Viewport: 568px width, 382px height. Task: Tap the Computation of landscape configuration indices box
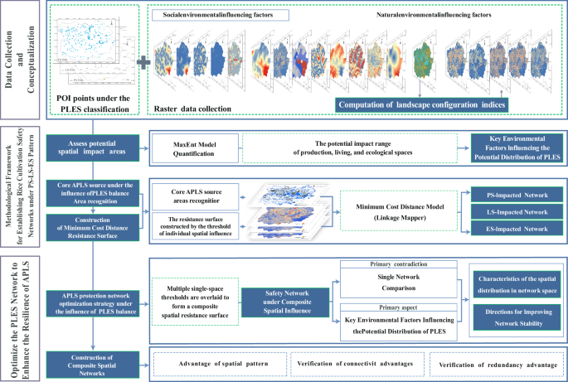click(x=421, y=104)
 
